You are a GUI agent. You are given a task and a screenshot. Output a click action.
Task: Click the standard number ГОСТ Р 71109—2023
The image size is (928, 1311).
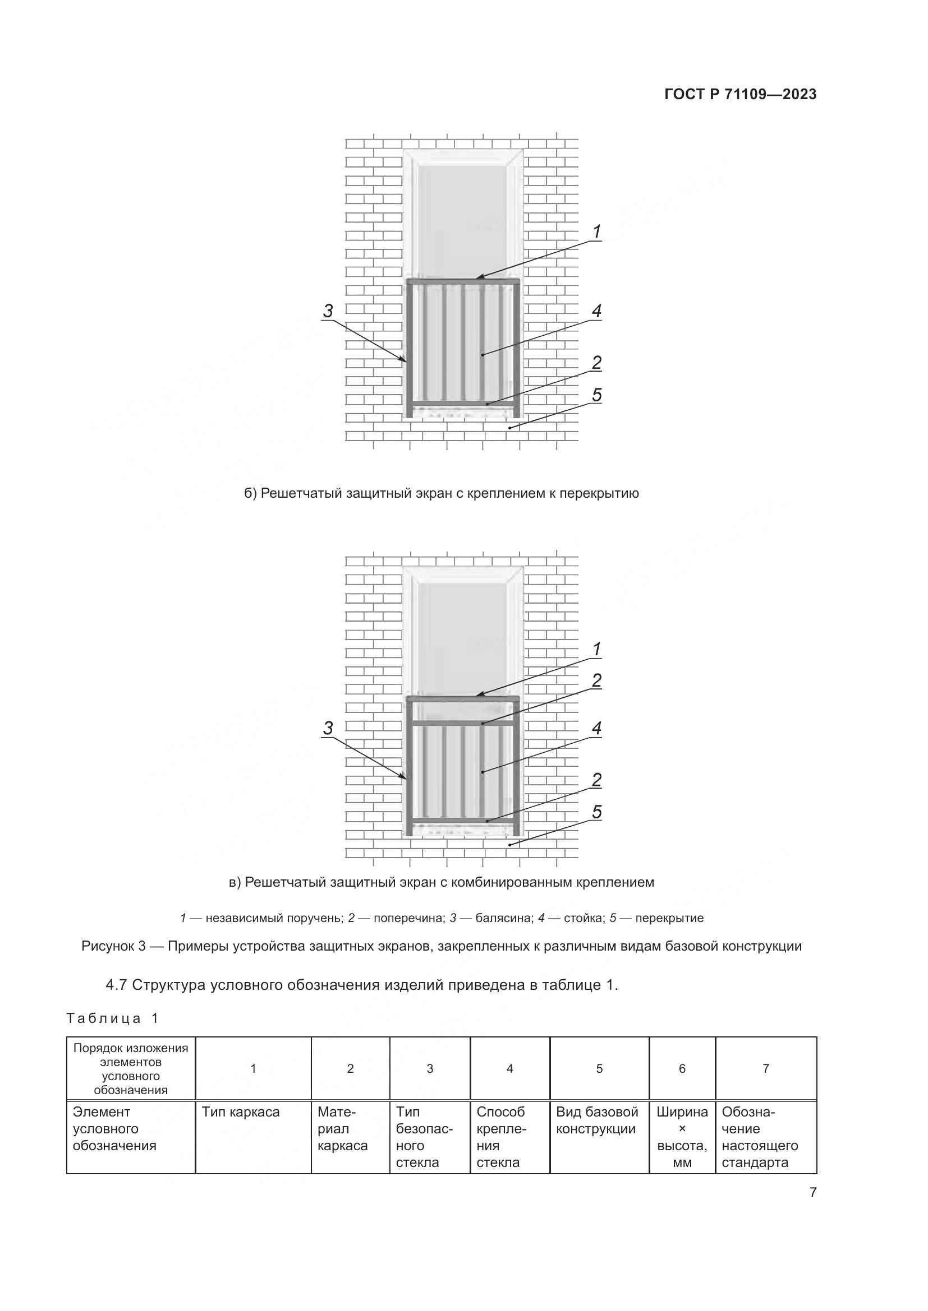(740, 94)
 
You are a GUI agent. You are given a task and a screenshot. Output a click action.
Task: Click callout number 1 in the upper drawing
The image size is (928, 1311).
(596, 232)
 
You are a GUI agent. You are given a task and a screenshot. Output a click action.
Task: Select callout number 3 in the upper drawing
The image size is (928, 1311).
(328, 311)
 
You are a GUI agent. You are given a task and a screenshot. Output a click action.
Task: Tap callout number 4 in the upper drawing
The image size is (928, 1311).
(596, 311)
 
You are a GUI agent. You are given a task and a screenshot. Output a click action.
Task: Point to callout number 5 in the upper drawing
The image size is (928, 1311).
(596, 395)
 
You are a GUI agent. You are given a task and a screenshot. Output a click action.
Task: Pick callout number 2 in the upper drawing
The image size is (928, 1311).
(596, 362)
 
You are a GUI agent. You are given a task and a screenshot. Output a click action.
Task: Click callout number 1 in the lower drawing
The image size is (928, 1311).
(596, 649)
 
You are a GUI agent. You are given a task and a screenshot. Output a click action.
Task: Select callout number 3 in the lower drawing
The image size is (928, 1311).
(328, 728)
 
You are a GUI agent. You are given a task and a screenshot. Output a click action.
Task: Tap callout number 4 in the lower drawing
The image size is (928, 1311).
(596, 728)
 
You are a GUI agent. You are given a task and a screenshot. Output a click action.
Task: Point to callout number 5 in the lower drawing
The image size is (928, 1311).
(596, 812)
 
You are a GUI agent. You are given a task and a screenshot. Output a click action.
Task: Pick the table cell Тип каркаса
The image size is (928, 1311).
(241, 1111)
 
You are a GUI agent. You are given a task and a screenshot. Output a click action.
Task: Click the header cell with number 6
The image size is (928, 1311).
(682, 1068)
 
